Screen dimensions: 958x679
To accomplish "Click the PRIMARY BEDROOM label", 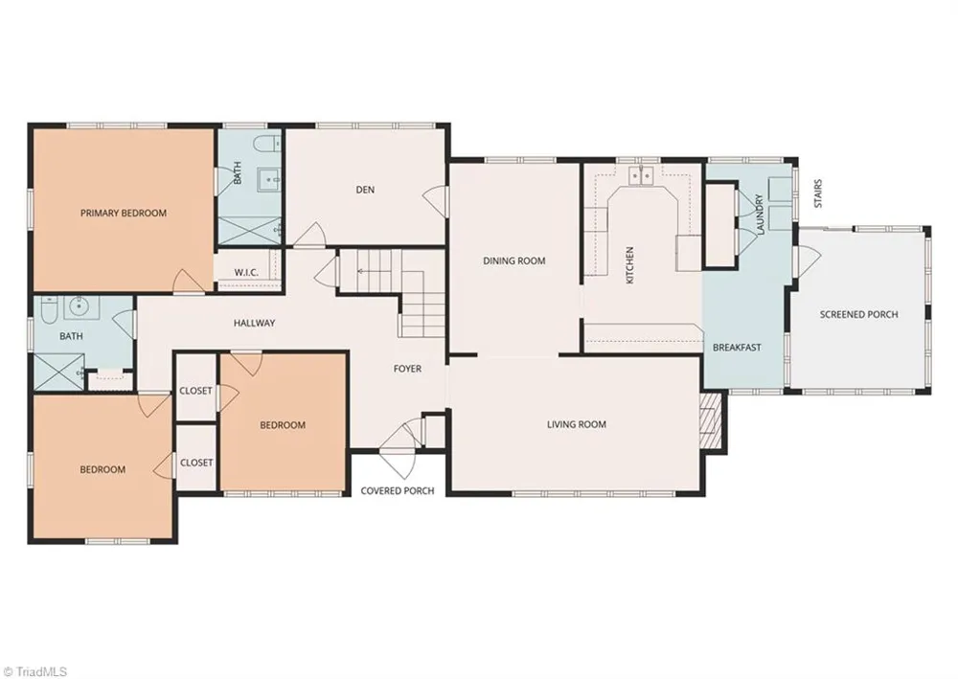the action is click(124, 214).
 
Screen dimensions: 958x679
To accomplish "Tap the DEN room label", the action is click(365, 190).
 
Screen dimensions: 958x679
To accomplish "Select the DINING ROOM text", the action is click(513, 260).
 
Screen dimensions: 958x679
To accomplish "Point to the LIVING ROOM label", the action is click(576, 424).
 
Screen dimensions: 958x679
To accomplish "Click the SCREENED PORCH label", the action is click(858, 314).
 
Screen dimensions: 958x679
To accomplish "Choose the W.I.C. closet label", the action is click(246, 272).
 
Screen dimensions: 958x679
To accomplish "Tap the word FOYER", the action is click(407, 369).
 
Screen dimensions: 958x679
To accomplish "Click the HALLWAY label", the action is click(254, 323).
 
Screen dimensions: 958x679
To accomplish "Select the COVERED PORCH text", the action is click(398, 491).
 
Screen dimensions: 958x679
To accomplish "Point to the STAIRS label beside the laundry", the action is click(818, 192).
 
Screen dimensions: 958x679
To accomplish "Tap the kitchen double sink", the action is click(640, 175).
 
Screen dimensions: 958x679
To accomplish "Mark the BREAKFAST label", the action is click(737, 348).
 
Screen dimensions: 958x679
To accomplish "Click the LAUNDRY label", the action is click(761, 215).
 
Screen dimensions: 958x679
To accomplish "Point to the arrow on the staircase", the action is click(370, 270).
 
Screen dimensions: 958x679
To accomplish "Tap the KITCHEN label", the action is click(630, 265).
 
